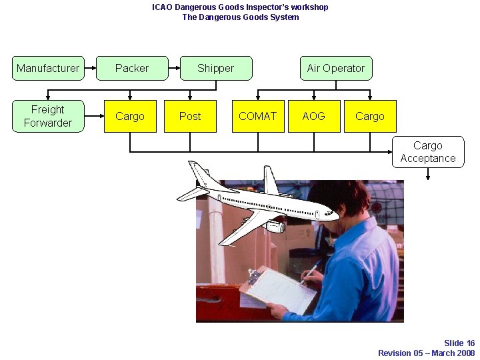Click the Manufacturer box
(48, 68)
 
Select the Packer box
(132, 68)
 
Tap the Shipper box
(216, 68)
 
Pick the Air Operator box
(335, 68)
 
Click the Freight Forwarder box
(48, 116)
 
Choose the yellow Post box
(190, 116)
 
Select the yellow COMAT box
(257, 116)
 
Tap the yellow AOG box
(313, 116)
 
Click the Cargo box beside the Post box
(130, 116)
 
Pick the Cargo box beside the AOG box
(370, 116)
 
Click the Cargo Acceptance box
(428, 152)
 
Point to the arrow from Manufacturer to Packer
(90, 68)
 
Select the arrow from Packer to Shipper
(174, 68)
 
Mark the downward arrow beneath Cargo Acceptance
(428, 174)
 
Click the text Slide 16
(459, 343)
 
